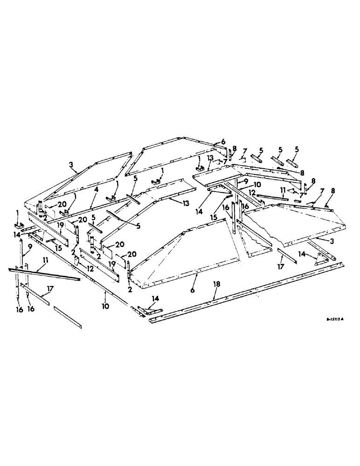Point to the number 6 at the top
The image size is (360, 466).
point(222,141)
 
